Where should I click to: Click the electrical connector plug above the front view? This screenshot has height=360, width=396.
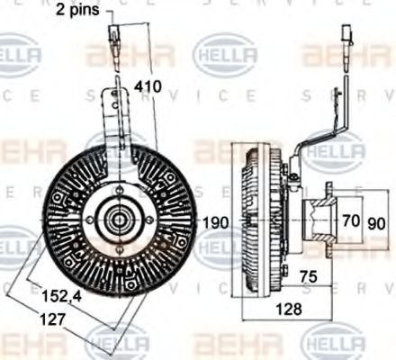[x=114, y=40]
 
